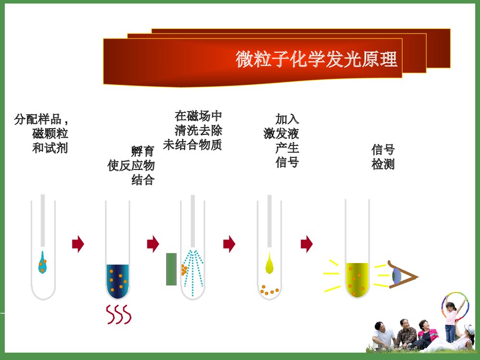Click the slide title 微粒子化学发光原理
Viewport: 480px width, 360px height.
(x=316, y=60)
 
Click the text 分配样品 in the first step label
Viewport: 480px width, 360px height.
(x=38, y=120)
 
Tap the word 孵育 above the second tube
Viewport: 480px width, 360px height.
(x=143, y=152)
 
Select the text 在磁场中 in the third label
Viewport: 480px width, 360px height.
(x=198, y=116)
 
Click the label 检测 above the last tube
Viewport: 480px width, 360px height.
(x=383, y=164)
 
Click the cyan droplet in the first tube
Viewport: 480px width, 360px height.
(x=43, y=263)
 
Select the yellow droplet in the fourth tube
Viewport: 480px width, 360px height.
(x=269, y=264)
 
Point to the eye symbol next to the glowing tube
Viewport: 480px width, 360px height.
(x=398, y=276)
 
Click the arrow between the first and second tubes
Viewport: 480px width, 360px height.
(x=78, y=244)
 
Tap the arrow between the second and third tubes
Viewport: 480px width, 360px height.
(x=153, y=244)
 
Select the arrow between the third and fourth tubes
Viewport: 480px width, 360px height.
(x=229, y=244)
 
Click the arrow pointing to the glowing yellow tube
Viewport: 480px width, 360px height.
(x=306, y=244)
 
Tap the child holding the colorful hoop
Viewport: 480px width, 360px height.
(x=451, y=319)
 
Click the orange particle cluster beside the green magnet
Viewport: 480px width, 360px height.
(x=184, y=270)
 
